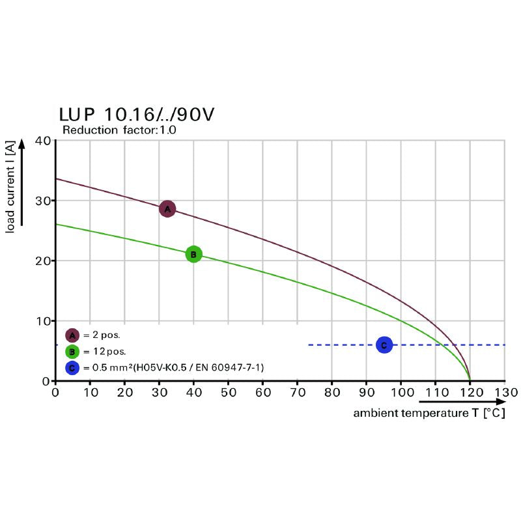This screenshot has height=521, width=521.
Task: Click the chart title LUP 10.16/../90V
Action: click(x=136, y=115)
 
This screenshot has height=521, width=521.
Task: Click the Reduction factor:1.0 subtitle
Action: click(x=119, y=130)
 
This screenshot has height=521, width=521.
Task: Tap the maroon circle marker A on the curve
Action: click(x=167, y=209)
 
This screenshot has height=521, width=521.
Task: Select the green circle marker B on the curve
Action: click(x=193, y=254)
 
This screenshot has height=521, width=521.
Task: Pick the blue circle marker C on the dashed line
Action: click(x=384, y=345)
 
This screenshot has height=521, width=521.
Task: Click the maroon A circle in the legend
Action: click(x=72, y=335)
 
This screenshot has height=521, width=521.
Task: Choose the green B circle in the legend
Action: click(x=72, y=352)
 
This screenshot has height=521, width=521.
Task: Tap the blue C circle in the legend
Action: click(x=72, y=368)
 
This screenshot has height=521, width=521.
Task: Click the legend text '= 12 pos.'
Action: click(x=104, y=352)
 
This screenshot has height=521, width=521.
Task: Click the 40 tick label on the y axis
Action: click(x=43, y=141)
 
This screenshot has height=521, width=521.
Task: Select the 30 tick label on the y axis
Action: click(x=43, y=201)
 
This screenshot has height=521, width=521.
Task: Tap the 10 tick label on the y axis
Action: click(x=43, y=321)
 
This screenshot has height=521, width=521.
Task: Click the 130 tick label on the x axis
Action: click(x=505, y=393)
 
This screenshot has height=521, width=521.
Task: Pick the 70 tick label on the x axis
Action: click(x=297, y=393)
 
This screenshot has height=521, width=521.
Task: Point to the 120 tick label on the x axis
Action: click(x=470, y=393)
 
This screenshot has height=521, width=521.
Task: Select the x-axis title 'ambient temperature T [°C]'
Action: click(x=429, y=414)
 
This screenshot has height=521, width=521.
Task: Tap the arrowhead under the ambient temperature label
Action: click(x=499, y=402)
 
